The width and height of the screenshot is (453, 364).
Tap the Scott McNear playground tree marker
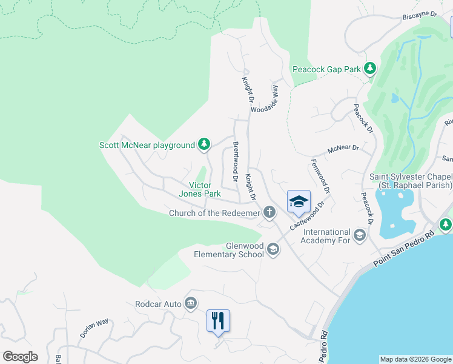[x=205, y=144]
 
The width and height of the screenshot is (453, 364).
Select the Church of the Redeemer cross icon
[x=269, y=212]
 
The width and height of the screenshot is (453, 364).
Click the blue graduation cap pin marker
[x=298, y=202]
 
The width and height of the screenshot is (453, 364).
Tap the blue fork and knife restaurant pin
[x=219, y=320]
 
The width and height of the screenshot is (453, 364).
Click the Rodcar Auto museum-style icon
[x=191, y=303]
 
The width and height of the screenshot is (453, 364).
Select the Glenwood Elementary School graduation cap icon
[x=273, y=249]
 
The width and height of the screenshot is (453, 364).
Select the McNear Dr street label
[x=343, y=148]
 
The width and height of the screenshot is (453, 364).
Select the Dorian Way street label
[x=94, y=328]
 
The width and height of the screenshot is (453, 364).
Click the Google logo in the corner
[x=20, y=357]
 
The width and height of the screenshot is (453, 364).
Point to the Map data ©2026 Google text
[x=415, y=359]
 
